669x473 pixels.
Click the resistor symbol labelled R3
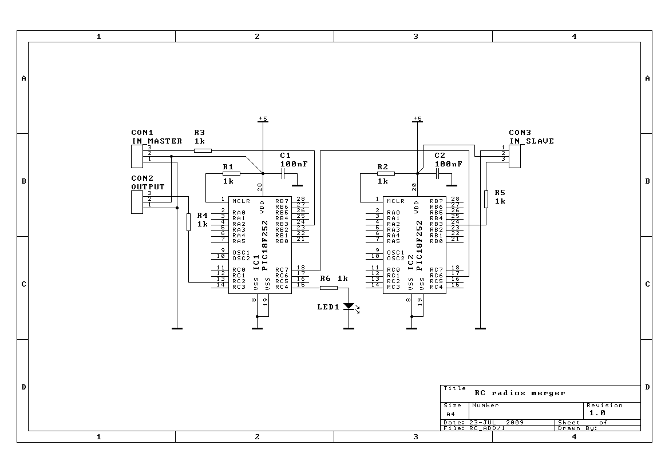(x=203, y=150)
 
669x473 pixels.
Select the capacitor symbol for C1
(x=283, y=174)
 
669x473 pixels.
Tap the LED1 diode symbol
(x=349, y=306)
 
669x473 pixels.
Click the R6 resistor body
(x=328, y=288)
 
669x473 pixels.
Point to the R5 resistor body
(x=486, y=199)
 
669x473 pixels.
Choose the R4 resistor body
(x=189, y=222)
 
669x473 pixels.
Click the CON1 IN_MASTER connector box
(x=137, y=156)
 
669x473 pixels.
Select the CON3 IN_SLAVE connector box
(x=514, y=156)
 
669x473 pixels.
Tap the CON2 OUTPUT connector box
(x=137, y=202)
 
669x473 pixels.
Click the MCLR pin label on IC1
(x=242, y=201)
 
